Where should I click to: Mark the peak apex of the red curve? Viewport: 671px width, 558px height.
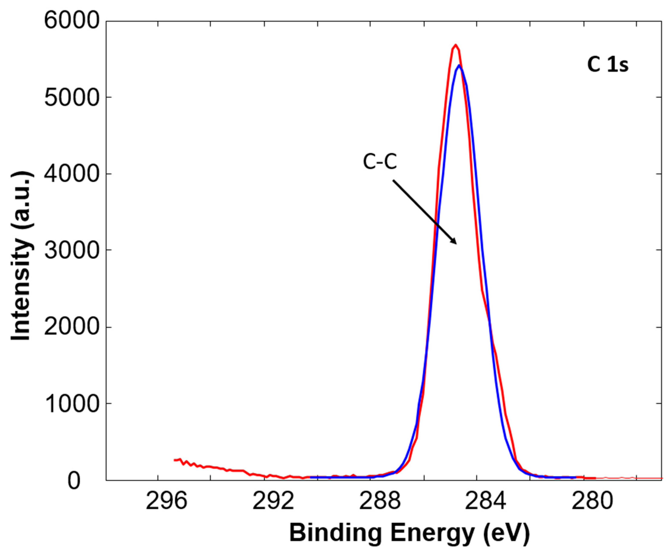pyautogui.click(x=456, y=45)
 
